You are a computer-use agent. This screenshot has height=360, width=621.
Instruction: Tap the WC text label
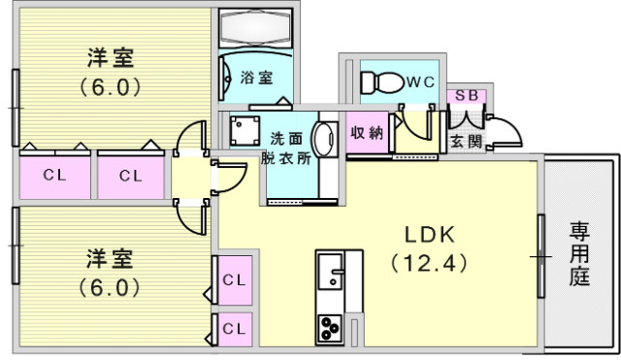[420, 82]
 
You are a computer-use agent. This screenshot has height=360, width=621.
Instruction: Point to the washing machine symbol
[242, 128]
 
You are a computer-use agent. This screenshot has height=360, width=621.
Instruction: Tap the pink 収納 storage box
[367, 133]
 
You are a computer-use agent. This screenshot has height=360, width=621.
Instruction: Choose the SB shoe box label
[468, 97]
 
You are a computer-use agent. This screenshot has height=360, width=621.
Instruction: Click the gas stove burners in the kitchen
[328, 328]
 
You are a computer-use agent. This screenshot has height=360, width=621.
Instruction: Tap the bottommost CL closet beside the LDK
[234, 328]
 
